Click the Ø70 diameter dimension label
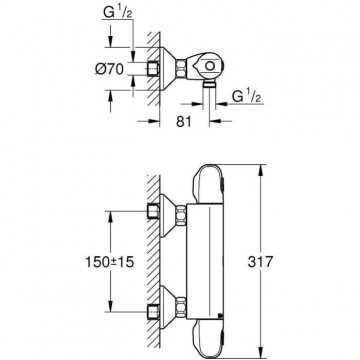pyautogui.click(x=109, y=69)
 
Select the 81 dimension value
pyautogui.click(x=184, y=121)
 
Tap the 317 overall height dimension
pyautogui.click(x=260, y=262)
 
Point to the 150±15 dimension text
pyautogui.click(x=110, y=262)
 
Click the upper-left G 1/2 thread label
pyautogui.click(x=117, y=13)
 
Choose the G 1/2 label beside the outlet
pyautogui.click(x=247, y=97)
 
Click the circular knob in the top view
pyautogui.click(x=210, y=66)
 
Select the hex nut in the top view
pyautogui.click(x=181, y=69)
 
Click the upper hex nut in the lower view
pyautogui.click(x=181, y=216)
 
